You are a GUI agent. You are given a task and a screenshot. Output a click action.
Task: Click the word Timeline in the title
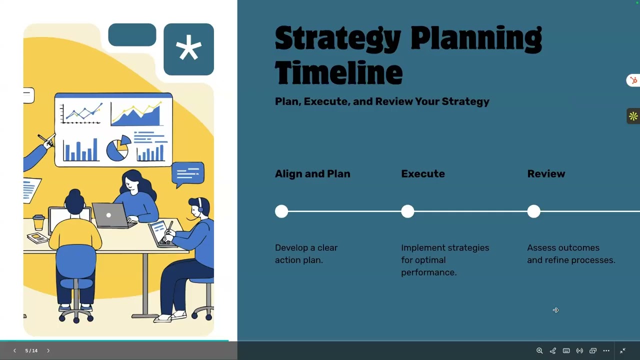coord(338,73)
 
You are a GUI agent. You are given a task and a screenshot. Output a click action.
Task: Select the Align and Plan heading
coord(312,174)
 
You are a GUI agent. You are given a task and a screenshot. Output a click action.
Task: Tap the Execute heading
coord(422,174)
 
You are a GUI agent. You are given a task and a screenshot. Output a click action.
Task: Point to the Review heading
coord(546,174)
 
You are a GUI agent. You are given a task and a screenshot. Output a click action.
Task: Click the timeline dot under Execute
coord(407,211)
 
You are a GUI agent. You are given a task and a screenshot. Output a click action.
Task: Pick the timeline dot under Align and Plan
coord(281,211)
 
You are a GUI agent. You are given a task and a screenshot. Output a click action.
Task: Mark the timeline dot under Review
coord(533,211)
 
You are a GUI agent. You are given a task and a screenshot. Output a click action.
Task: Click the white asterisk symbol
coord(188,49)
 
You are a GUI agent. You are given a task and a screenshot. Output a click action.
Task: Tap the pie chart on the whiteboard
coord(117,149)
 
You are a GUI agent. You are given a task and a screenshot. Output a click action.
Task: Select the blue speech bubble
coord(187,173)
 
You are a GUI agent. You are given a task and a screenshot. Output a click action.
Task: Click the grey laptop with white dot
coord(109,215)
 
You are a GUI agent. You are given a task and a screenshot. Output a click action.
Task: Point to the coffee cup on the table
coord(38,222)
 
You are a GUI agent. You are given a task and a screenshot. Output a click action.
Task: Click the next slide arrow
coord(48,351)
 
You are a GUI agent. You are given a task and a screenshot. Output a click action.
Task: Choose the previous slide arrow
coord(14,351)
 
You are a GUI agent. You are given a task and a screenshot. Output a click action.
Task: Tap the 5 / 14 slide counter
coord(31,351)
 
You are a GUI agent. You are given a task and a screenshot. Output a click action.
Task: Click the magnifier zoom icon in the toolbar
coord(539,351)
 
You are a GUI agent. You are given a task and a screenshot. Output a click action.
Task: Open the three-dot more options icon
coord(606,351)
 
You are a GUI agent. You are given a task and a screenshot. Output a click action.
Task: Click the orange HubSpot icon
coord(633,80)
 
